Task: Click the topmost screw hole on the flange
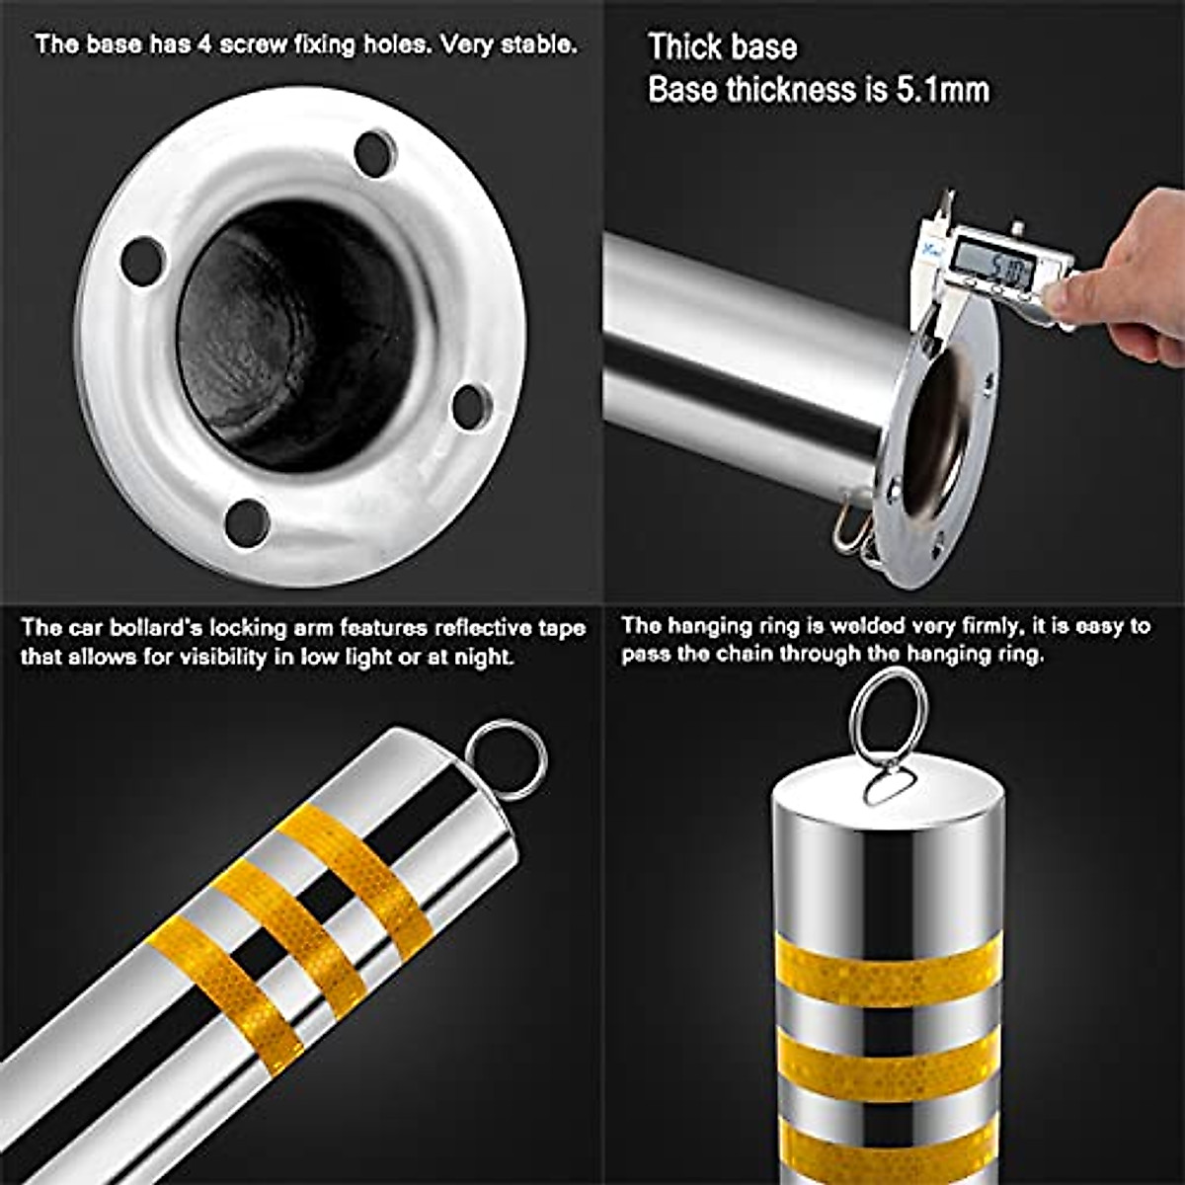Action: pos(375,153)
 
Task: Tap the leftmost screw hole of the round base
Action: pos(143,261)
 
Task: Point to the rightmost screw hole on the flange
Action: pos(471,404)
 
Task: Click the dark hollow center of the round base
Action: pos(296,336)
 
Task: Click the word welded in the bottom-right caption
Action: pos(869,626)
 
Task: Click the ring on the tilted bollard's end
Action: pos(506,758)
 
